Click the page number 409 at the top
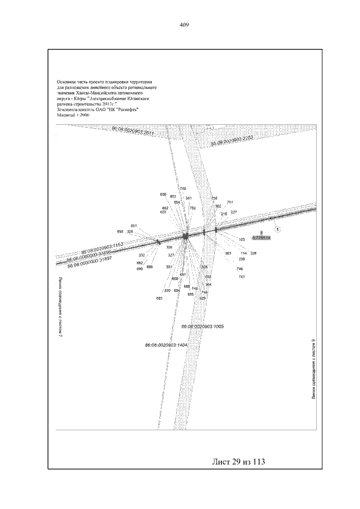pyautogui.click(x=183, y=25)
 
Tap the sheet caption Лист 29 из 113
pyautogui.click(x=238, y=462)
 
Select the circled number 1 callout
pyautogui.click(x=277, y=229)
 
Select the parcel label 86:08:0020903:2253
pyautogui.click(x=232, y=141)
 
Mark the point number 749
pyautogui.click(x=183, y=188)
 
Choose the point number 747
pyautogui.click(x=241, y=277)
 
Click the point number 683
pyautogui.click(x=159, y=298)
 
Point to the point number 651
pyautogui.click(x=134, y=226)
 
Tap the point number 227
pyautogui.click(x=233, y=212)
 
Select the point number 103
pyautogui.click(x=242, y=239)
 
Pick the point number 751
pyautogui.click(x=229, y=202)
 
